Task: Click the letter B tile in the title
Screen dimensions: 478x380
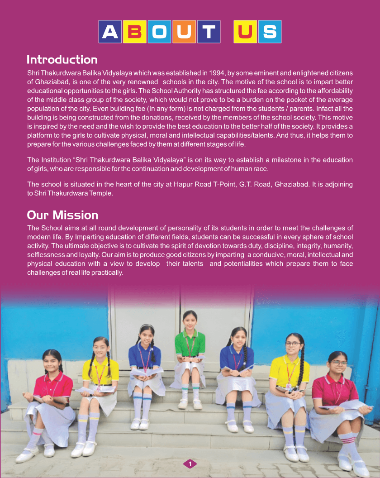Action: pyautogui.click(x=134, y=32)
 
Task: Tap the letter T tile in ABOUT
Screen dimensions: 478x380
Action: pyautogui.click(x=209, y=32)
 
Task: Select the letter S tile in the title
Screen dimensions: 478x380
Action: pyautogui.click(x=270, y=32)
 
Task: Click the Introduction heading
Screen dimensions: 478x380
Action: pyautogui.click(x=62, y=60)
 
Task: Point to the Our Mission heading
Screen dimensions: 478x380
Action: pyautogui.click(x=62, y=215)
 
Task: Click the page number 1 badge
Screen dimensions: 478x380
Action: pyautogui.click(x=190, y=464)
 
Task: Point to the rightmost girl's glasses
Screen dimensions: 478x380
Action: pyautogui.click(x=338, y=363)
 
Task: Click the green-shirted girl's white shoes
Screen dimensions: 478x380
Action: pyautogui.click(x=190, y=403)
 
